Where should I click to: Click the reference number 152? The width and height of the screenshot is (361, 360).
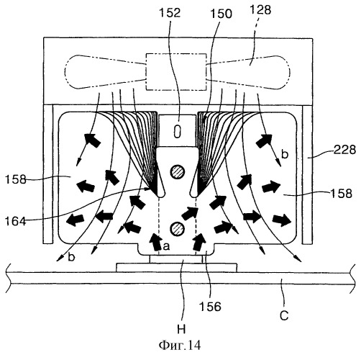(170, 13)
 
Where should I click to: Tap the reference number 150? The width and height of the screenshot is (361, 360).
(221, 14)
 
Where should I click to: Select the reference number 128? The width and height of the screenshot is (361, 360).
(260, 10)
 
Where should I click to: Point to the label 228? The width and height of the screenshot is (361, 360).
(345, 150)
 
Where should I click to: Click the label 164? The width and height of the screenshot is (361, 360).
(16, 221)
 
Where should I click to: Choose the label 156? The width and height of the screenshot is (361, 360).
(210, 307)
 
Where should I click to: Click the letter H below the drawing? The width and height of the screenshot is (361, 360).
(181, 329)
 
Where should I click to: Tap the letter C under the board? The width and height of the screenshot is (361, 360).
(284, 315)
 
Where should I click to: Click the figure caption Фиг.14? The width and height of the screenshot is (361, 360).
(180, 346)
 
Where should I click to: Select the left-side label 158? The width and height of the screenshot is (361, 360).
(16, 179)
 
